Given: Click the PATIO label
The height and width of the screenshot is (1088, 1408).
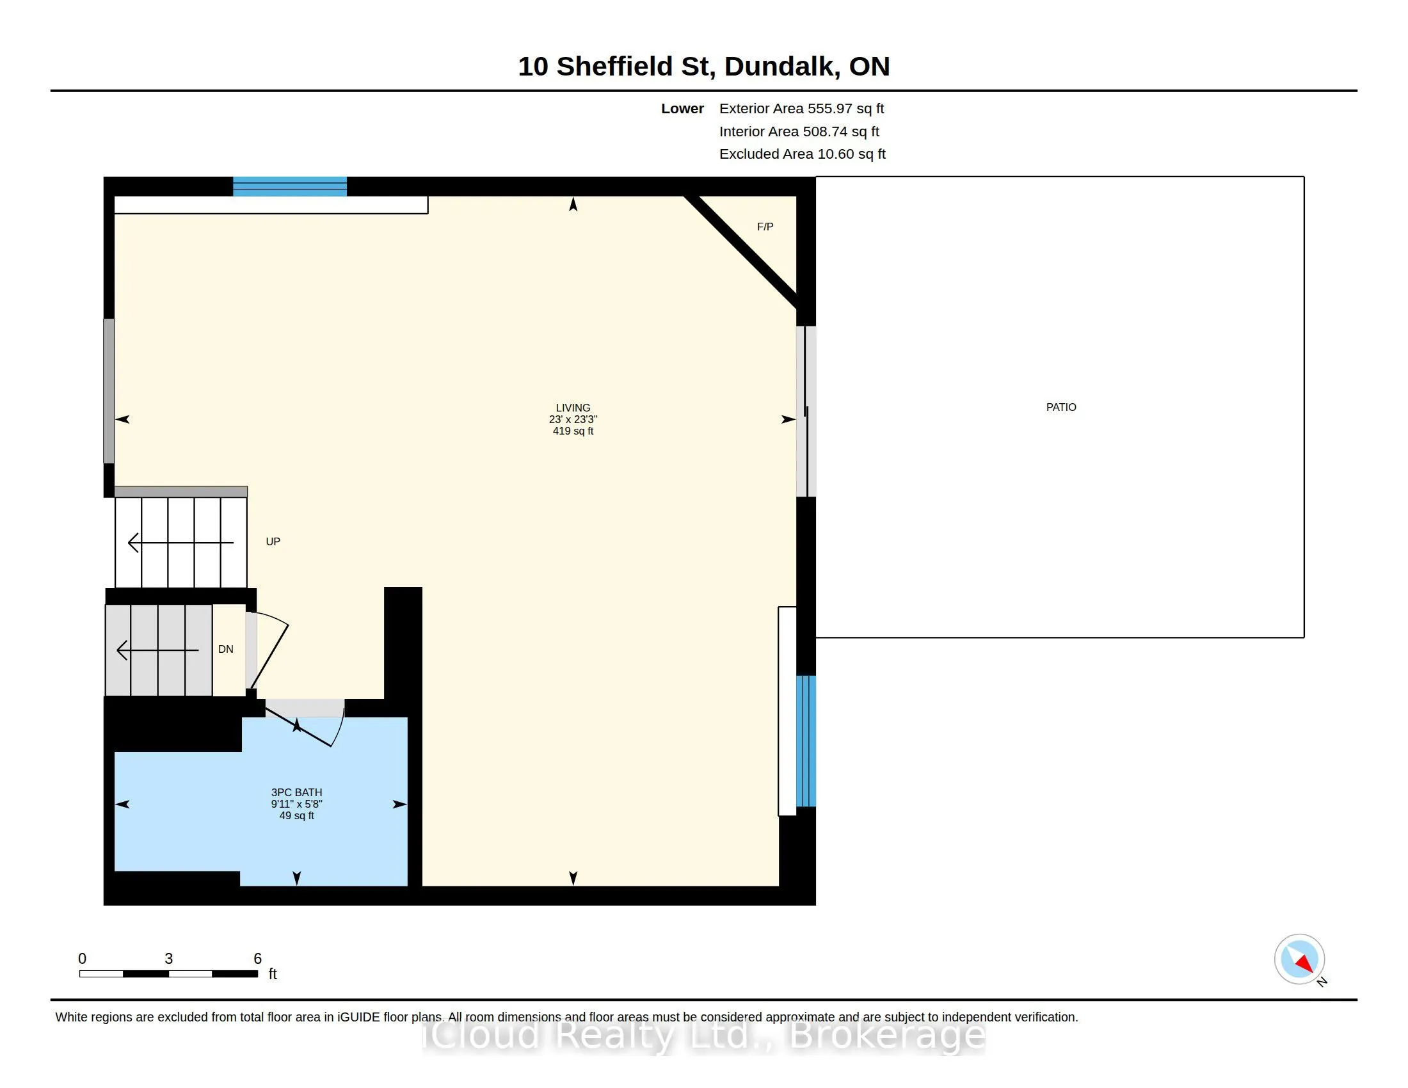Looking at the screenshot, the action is coord(1060,406).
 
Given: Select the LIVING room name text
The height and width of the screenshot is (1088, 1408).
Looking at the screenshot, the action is coord(573,407).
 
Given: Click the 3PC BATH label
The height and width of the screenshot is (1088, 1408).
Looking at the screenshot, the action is coord(296,792).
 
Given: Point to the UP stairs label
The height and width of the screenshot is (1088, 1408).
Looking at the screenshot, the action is coord(273,541).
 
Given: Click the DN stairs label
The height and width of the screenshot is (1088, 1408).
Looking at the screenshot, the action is coord(226,649).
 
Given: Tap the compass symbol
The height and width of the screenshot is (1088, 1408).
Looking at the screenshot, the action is coord(1300,960).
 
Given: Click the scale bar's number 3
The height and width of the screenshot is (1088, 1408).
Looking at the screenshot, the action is coord(168,959).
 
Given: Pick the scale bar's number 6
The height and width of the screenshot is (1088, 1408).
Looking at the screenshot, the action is coord(257,959).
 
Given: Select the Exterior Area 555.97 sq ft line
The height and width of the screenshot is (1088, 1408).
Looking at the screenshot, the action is coord(801,108).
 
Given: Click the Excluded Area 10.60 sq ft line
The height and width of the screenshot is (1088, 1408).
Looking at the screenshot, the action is coord(802,154).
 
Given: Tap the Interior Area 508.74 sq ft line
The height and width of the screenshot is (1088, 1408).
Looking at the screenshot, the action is coord(799,131).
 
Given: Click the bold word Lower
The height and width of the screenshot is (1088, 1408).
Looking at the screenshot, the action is coord(682,108).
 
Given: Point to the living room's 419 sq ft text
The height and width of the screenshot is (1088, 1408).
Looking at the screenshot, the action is coord(573,431).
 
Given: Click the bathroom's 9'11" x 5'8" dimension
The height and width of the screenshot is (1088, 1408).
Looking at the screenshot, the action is coord(296,804).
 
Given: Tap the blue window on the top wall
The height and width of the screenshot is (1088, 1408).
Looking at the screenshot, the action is coord(289,186).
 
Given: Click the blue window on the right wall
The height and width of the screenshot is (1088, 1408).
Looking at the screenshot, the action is coord(806,740).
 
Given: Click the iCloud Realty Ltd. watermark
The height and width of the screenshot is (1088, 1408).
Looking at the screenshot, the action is coord(704,1036).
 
